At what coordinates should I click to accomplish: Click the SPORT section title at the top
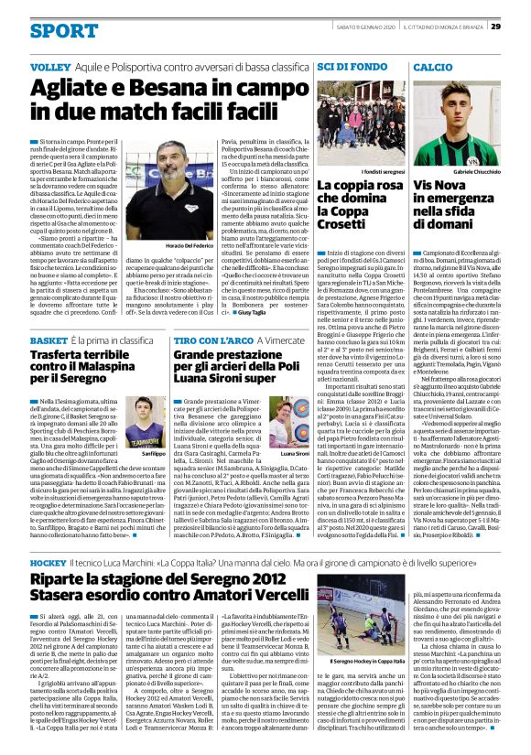pos(63,31)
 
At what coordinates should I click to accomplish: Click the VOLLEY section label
pos(49,69)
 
